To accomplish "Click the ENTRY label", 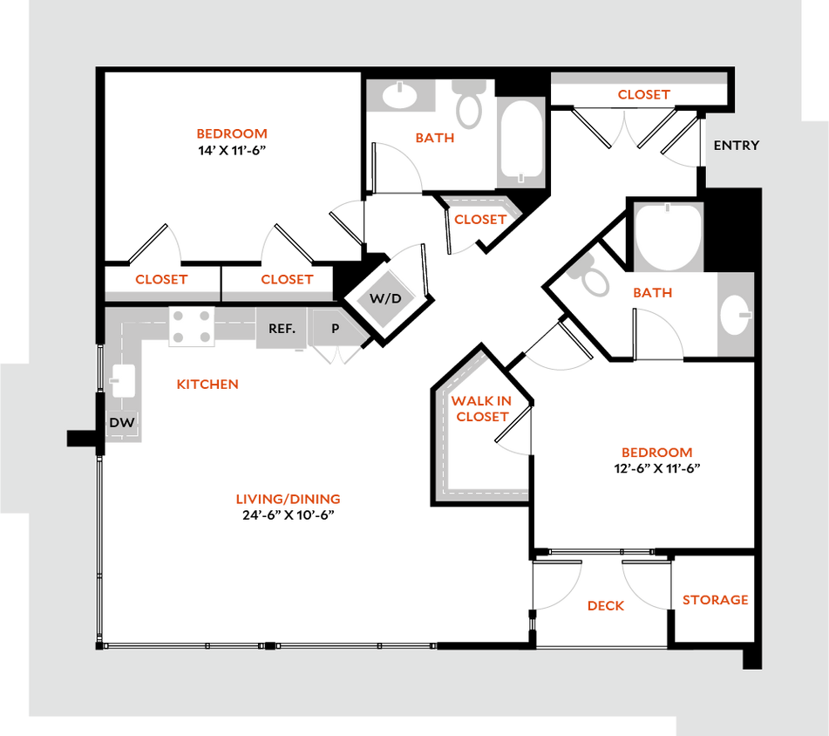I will [x=737, y=146].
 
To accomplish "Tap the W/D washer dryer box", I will [x=386, y=298].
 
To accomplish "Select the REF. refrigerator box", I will [x=281, y=329].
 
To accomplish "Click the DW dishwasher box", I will [x=121, y=424].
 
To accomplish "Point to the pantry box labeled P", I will [x=335, y=329].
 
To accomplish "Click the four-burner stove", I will [x=191, y=328].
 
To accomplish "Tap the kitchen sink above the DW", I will [x=121, y=379].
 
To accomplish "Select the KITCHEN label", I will [x=207, y=385].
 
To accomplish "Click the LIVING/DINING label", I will [x=289, y=500].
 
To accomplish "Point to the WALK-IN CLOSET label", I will [x=481, y=409].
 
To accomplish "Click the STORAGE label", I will [x=715, y=601].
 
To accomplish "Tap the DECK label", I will [x=606, y=605].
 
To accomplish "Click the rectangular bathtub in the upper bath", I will [x=521, y=141].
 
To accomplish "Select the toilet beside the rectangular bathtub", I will [x=470, y=104].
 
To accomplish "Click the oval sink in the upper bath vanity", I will [x=400, y=96].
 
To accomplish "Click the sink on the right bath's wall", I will [x=736, y=315].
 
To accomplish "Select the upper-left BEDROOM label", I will [x=232, y=134].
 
